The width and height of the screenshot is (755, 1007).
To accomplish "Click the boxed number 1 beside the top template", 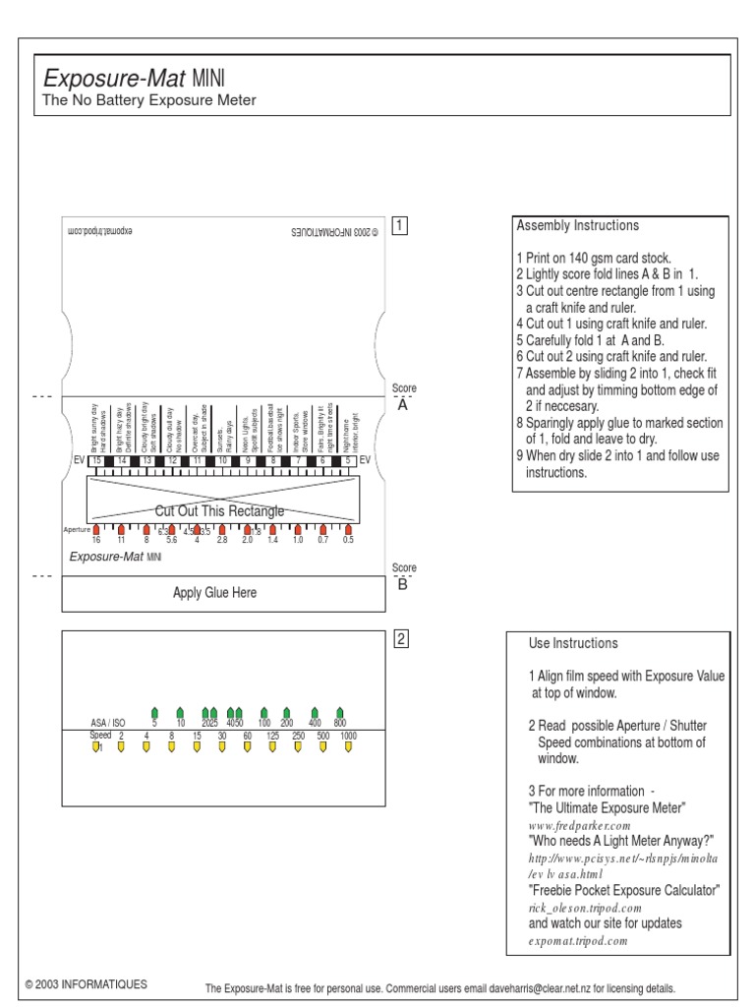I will (x=400, y=225).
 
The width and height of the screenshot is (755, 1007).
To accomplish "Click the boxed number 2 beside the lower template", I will (x=400, y=639).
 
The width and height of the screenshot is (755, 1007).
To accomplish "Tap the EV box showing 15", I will (x=96, y=460).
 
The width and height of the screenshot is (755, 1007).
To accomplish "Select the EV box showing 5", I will (x=348, y=460).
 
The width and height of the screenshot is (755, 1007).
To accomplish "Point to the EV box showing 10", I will (x=222, y=460).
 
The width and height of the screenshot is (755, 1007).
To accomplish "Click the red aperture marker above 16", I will (x=96, y=530).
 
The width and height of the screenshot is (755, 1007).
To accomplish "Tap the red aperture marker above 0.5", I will (x=348, y=530).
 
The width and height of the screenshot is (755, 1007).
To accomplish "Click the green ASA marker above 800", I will (x=339, y=712).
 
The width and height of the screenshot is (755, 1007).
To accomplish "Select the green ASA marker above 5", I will (x=154, y=712).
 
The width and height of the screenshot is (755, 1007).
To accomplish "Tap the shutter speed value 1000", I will (x=348, y=736).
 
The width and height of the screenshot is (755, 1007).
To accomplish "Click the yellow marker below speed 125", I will (x=272, y=747).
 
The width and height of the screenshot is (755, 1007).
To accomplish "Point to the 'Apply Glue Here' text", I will (x=214, y=593).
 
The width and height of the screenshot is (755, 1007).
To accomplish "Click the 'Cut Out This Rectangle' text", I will (x=219, y=511).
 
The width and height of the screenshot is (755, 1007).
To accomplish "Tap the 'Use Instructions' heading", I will (x=573, y=643).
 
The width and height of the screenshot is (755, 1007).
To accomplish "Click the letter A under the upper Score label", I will (x=402, y=405).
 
